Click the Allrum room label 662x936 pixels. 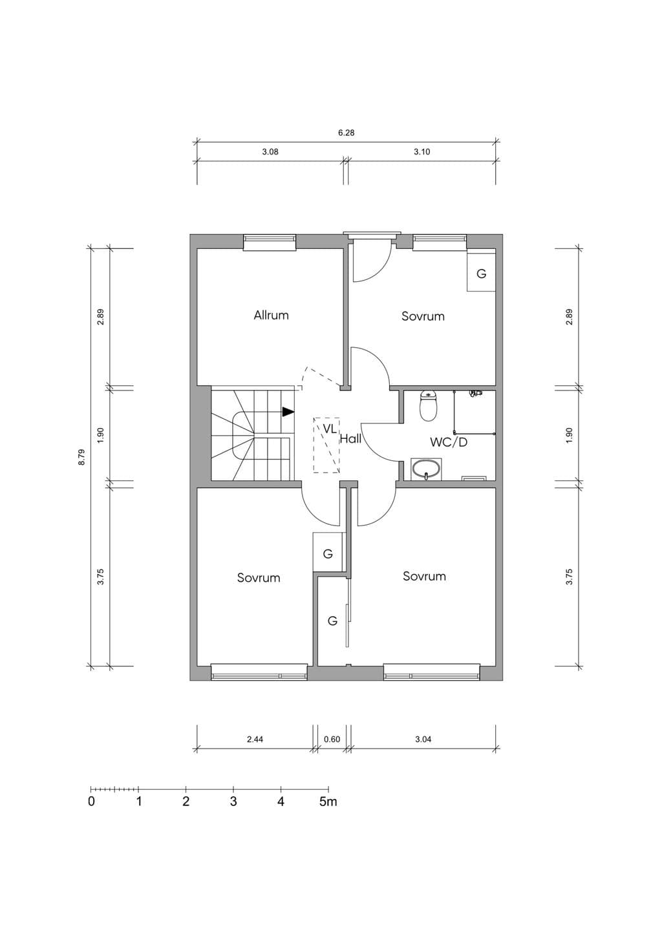(x=271, y=315)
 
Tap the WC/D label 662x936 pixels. (x=449, y=442)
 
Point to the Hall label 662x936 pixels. (x=350, y=438)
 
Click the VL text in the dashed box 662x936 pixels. (x=329, y=429)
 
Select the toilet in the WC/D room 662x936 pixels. (x=429, y=406)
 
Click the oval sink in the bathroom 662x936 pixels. (x=426, y=469)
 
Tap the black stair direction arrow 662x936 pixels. (x=288, y=412)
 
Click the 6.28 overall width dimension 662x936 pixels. (x=346, y=133)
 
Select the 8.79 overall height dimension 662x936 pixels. (x=81, y=457)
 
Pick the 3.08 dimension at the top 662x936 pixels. (x=270, y=152)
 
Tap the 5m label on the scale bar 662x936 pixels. (x=328, y=802)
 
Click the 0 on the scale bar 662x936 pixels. (x=91, y=802)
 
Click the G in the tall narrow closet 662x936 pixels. (x=332, y=621)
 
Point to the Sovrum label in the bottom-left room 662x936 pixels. (x=259, y=577)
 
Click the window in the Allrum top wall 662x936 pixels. (x=270, y=243)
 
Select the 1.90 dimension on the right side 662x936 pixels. (x=569, y=436)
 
